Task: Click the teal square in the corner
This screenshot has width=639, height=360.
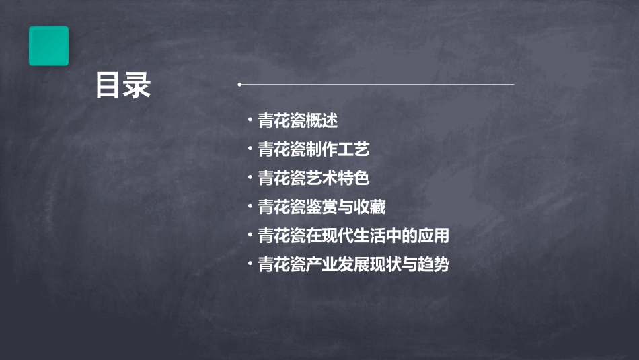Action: click(x=48, y=46)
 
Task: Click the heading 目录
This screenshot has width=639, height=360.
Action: click(x=122, y=85)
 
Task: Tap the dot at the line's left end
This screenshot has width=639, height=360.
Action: click(x=239, y=85)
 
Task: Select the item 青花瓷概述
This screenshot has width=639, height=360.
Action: click(x=297, y=121)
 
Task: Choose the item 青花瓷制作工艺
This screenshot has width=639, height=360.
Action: click(x=313, y=149)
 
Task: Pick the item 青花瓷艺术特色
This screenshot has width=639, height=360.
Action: click(x=313, y=178)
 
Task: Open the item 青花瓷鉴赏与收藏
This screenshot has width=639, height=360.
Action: click(x=322, y=207)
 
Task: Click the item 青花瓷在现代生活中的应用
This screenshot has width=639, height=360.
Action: click(x=353, y=236)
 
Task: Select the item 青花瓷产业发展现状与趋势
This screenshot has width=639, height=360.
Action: click(x=353, y=264)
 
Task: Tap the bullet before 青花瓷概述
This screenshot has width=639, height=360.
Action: click(x=250, y=120)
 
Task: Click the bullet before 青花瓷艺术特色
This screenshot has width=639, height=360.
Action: click(x=250, y=178)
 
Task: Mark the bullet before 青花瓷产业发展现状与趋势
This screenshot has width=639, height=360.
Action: click(x=250, y=264)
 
